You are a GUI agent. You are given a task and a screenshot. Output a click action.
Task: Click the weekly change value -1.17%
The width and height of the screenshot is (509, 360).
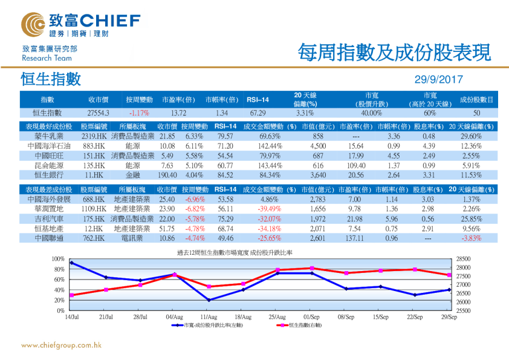(139, 113)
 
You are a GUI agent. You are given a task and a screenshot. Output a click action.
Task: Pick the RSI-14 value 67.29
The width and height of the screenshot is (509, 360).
(258, 113)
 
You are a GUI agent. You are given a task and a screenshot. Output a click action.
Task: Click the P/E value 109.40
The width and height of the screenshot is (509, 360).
(356, 164)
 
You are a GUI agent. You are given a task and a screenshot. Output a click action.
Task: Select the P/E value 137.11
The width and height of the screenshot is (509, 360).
(356, 238)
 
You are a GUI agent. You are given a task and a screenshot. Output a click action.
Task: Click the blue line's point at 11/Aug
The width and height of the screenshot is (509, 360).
(209, 300)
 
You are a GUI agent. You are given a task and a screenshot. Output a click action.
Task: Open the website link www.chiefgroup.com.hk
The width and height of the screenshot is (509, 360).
(61, 345)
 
